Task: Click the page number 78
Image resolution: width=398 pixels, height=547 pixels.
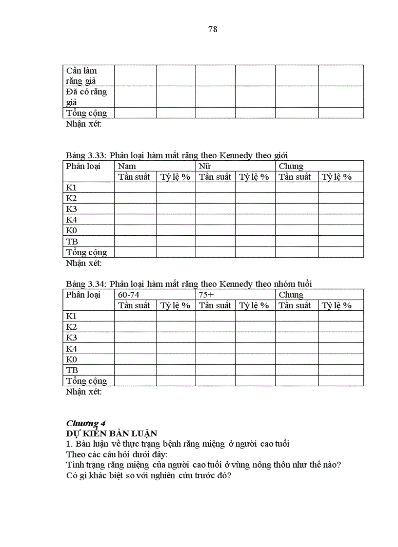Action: (213, 29)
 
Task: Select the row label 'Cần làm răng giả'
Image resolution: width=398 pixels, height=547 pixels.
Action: (81, 75)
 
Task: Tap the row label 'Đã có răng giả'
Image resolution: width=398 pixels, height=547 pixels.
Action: (86, 97)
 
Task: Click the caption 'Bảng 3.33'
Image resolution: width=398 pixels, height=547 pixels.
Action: (86, 155)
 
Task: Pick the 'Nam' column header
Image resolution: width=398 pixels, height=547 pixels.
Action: (127, 166)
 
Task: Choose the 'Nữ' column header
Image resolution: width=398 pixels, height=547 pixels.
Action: (204, 166)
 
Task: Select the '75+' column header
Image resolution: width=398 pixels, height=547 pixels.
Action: (206, 295)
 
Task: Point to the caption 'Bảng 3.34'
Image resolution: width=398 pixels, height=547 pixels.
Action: (86, 284)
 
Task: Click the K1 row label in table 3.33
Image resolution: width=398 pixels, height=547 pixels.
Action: (72, 188)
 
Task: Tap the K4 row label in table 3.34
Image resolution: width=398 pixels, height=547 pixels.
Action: (72, 348)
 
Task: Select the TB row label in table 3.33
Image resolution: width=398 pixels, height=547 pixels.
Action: (72, 241)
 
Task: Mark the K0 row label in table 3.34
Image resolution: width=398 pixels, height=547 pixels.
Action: (72, 359)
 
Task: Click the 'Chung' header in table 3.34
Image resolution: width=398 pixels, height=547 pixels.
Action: (291, 295)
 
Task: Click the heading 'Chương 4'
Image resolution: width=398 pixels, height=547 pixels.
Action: (86, 423)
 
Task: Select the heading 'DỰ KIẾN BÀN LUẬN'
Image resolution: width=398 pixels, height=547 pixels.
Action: (112, 433)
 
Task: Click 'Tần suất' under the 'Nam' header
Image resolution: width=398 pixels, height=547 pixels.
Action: (134, 177)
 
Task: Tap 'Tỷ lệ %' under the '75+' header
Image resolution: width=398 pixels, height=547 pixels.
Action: (254, 305)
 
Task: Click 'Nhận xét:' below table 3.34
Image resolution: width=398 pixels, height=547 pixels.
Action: (84, 392)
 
